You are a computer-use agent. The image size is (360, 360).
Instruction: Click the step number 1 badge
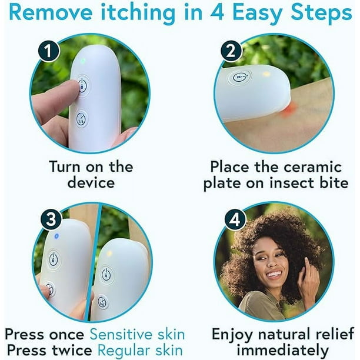(x=48, y=51)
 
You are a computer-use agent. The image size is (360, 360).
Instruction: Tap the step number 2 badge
(x=231, y=51)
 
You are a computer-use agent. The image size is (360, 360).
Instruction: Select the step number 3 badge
(x=51, y=219)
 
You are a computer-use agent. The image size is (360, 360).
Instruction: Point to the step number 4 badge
(x=235, y=219)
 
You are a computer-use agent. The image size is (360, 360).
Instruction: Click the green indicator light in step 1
(x=83, y=61)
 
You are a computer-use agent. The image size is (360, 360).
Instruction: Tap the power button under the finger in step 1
(x=83, y=85)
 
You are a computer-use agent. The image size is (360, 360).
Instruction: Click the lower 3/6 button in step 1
(x=82, y=119)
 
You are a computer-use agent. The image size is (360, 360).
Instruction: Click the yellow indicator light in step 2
(x=266, y=74)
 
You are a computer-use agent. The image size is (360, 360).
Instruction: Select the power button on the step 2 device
(x=240, y=77)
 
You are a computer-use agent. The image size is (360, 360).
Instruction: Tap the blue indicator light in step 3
(x=56, y=236)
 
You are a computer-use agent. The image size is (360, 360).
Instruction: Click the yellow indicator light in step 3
(x=110, y=254)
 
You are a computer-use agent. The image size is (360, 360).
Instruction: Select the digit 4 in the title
(x=217, y=12)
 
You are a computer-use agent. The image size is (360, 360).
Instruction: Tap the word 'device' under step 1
(x=91, y=183)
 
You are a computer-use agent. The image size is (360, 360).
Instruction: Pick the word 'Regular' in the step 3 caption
(x=124, y=351)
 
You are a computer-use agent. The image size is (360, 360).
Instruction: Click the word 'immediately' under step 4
(x=282, y=351)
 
